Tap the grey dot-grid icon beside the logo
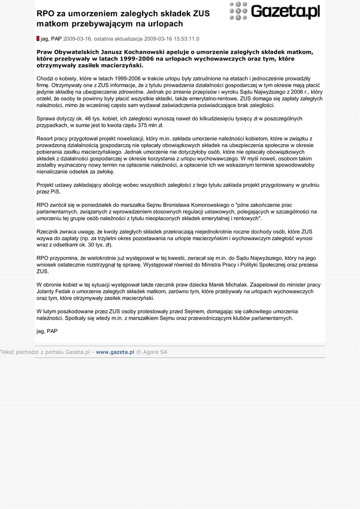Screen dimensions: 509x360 coord(239,11)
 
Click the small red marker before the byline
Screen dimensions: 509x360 coord(38,38)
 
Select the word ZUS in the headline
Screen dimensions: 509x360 coord(201,13)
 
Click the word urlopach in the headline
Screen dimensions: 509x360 coord(166,24)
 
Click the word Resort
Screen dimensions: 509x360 coord(45,139)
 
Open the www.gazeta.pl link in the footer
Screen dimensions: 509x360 coord(115,352)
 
